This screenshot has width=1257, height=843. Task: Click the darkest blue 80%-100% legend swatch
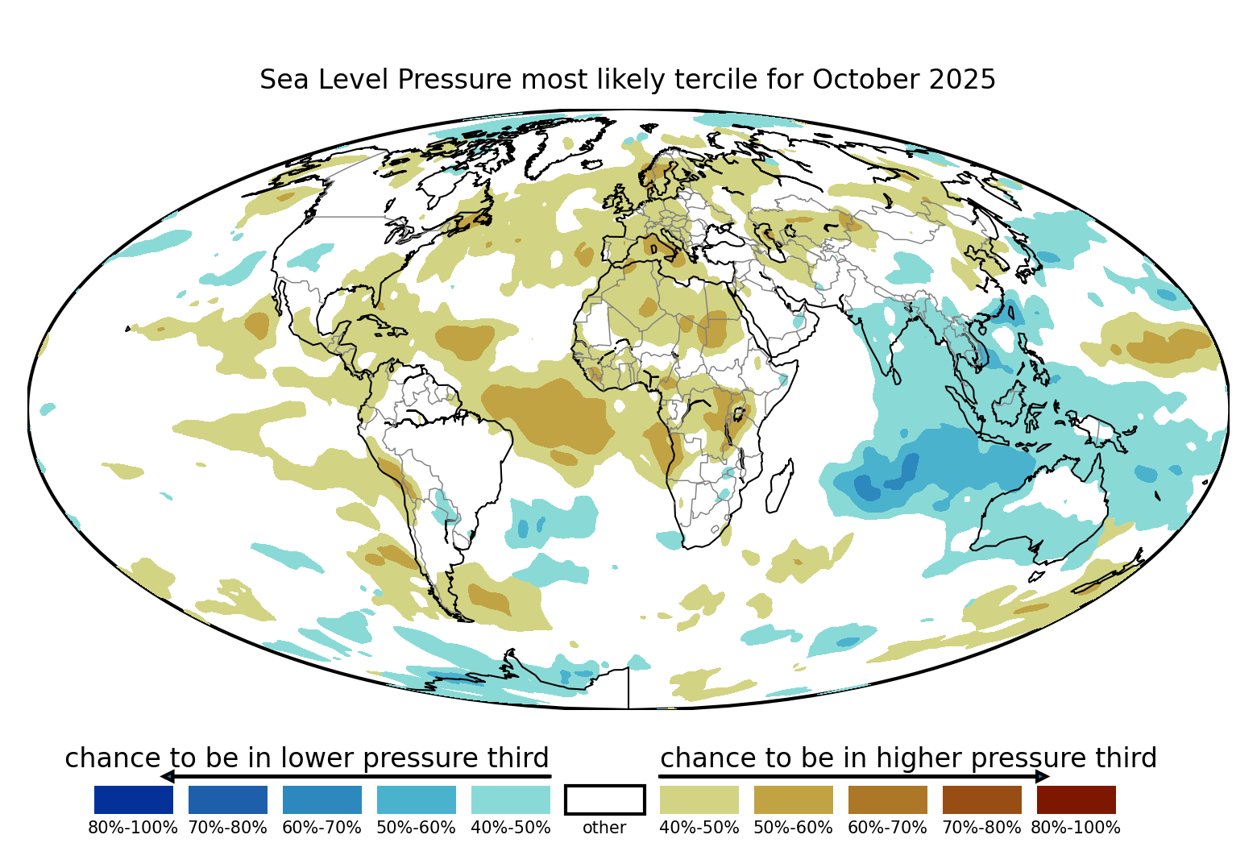click(133, 799)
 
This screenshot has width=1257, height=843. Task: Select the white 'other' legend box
click(604, 799)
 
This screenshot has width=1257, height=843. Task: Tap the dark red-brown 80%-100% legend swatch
click(1076, 799)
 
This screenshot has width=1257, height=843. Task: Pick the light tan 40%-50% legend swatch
click(699, 799)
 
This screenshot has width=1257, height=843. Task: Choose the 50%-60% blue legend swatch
click(416, 799)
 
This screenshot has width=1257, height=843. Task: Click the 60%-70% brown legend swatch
click(887, 799)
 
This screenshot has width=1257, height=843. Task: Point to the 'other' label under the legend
click(604, 828)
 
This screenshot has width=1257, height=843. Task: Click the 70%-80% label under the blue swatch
click(227, 828)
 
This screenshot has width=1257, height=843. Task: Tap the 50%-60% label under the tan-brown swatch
click(793, 828)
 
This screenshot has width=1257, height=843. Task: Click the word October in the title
click(866, 80)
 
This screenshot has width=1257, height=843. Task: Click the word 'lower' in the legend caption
click(315, 758)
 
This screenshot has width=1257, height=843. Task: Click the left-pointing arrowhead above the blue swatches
click(167, 776)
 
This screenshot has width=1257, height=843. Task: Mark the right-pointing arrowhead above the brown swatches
click(1043, 776)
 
